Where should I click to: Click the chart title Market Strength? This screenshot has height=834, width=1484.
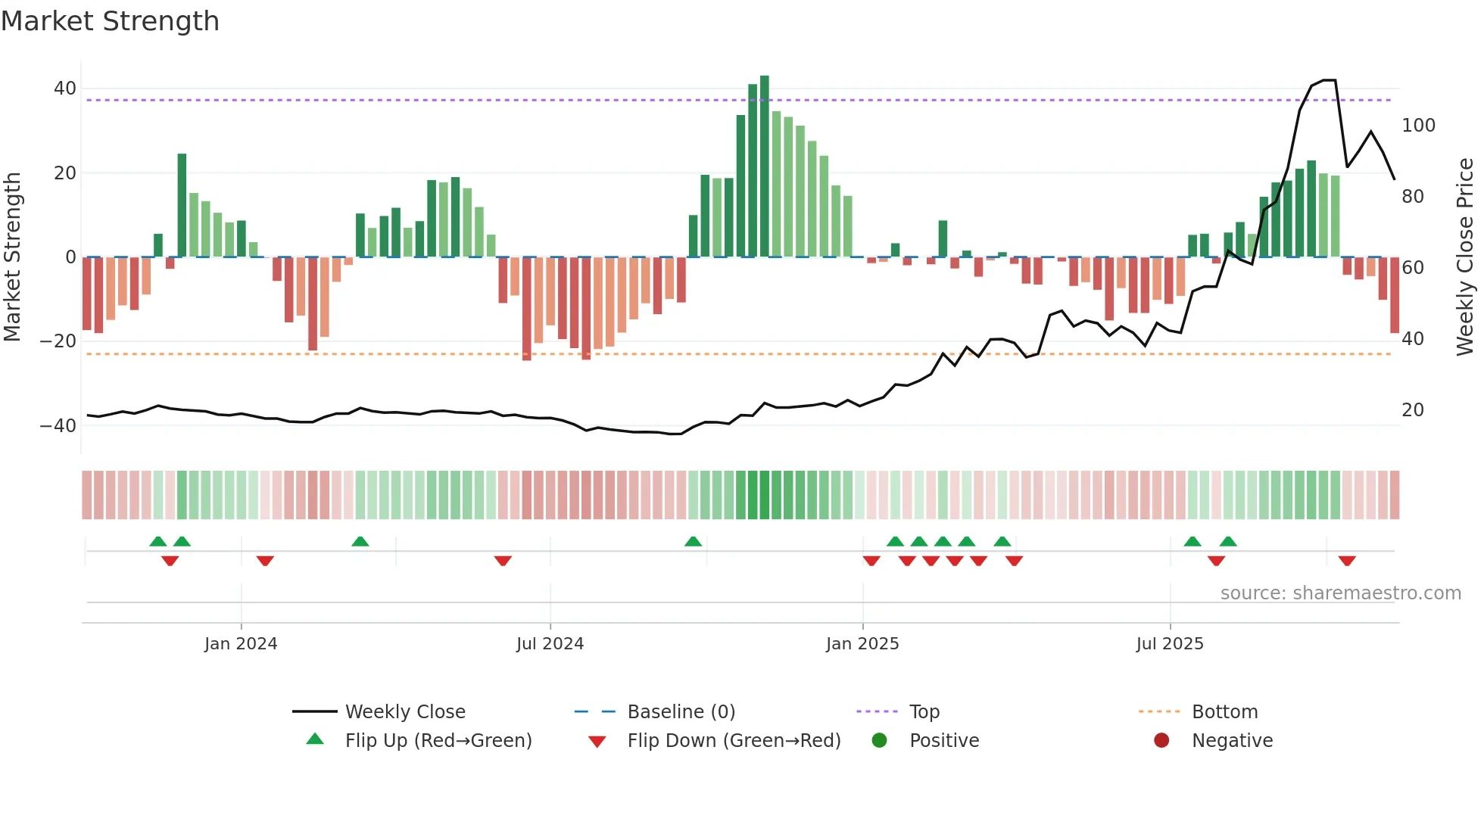click(x=110, y=21)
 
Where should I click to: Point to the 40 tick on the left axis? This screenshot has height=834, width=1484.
click(x=65, y=89)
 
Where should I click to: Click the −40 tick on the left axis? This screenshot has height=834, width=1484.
click(x=59, y=425)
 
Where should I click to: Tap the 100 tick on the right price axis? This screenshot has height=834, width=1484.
click(x=1418, y=126)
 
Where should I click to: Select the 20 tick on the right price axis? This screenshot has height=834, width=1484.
click(x=1413, y=410)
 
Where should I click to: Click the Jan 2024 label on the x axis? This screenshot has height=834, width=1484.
click(x=241, y=644)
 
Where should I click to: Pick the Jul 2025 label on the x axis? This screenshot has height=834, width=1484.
click(x=1170, y=644)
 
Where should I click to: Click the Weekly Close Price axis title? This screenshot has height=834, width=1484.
click(x=1466, y=257)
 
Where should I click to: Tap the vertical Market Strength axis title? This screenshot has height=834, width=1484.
click(x=12, y=257)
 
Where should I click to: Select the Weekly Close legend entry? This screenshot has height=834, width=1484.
click(x=405, y=712)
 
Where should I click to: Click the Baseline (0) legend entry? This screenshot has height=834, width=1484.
click(x=681, y=712)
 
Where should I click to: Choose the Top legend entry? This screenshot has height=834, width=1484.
click(x=924, y=712)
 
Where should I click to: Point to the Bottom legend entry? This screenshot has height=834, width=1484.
click(x=1224, y=712)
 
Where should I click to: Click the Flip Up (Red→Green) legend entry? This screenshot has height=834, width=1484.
click(x=438, y=741)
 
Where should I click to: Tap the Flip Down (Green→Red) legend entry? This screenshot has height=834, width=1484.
click(x=734, y=741)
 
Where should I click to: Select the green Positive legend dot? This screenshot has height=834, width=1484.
click(x=879, y=741)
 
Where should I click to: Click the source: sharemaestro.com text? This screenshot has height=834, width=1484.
click(x=1340, y=593)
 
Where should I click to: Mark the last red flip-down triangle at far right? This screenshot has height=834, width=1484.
click(x=1346, y=561)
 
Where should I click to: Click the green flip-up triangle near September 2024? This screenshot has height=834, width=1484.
click(x=693, y=541)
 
